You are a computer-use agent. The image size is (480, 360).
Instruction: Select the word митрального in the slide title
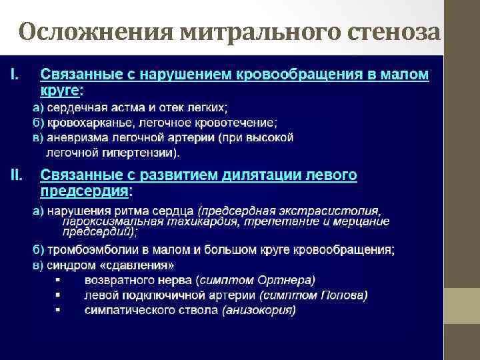(x=241, y=31)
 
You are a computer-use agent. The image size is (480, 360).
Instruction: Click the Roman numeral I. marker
(x=15, y=72)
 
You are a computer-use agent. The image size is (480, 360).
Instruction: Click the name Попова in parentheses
(x=343, y=295)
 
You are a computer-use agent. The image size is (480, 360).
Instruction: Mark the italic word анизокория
(x=260, y=310)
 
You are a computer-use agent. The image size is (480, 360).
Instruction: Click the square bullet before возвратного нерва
(x=58, y=280)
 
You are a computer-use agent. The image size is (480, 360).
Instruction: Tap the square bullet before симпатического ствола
(x=58, y=310)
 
